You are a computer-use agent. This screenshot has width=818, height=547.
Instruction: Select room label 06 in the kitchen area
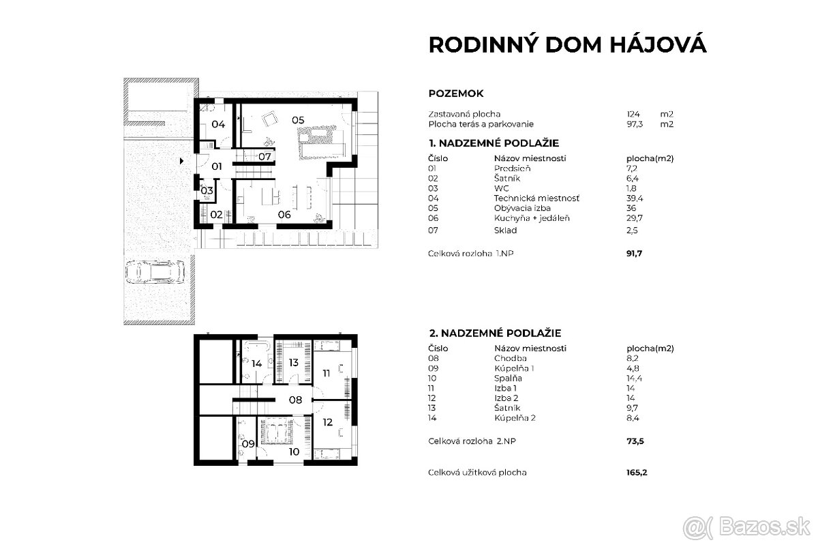(284, 214)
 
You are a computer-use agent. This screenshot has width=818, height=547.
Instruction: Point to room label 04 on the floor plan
(217, 124)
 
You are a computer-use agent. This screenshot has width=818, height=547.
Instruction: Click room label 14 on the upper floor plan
(256, 364)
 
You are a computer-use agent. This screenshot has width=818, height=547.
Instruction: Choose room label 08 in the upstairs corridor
(295, 400)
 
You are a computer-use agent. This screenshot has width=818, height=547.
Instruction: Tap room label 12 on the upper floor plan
(327, 422)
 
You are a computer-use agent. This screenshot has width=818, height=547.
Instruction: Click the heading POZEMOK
(456, 93)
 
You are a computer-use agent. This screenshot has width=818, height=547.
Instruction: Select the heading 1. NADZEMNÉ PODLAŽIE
(494, 143)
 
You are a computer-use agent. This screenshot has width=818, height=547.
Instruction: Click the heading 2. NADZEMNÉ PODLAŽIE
(495, 333)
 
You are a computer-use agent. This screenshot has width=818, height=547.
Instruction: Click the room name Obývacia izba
(522, 208)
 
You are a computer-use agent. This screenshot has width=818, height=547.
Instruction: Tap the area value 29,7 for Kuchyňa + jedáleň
(635, 218)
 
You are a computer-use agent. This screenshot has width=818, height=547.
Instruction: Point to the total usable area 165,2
(636, 472)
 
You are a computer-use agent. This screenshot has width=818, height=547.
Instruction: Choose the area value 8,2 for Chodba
(632, 357)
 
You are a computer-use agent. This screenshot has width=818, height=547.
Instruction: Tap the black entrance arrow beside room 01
(181, 162)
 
